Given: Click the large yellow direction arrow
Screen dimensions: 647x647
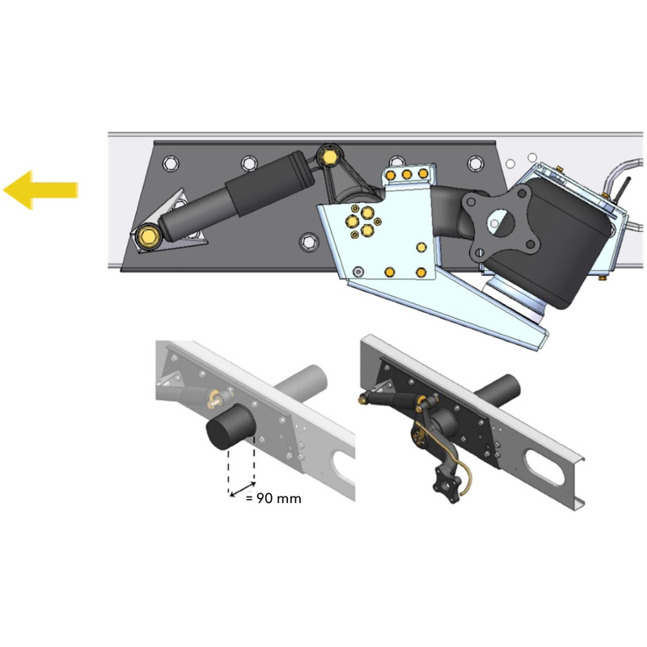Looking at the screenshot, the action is coord(40,190).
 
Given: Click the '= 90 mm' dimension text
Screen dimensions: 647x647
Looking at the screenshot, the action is coord(273,498).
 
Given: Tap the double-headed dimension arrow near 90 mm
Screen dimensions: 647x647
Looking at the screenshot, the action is coord(243,489).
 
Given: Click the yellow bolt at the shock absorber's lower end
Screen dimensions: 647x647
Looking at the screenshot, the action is coord(146,237).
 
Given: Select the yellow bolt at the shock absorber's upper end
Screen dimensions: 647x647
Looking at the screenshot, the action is coord(329,157).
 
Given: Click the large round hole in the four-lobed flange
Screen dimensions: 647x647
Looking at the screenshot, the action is coord(501,221).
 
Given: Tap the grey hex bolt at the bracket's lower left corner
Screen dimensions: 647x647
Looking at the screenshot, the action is coord(358,272).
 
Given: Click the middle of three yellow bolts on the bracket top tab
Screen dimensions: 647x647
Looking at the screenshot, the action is coord(407,175).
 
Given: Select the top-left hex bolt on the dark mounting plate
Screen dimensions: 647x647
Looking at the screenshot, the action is coord(170,163).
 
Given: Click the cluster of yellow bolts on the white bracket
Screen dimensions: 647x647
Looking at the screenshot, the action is coord(363,221).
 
